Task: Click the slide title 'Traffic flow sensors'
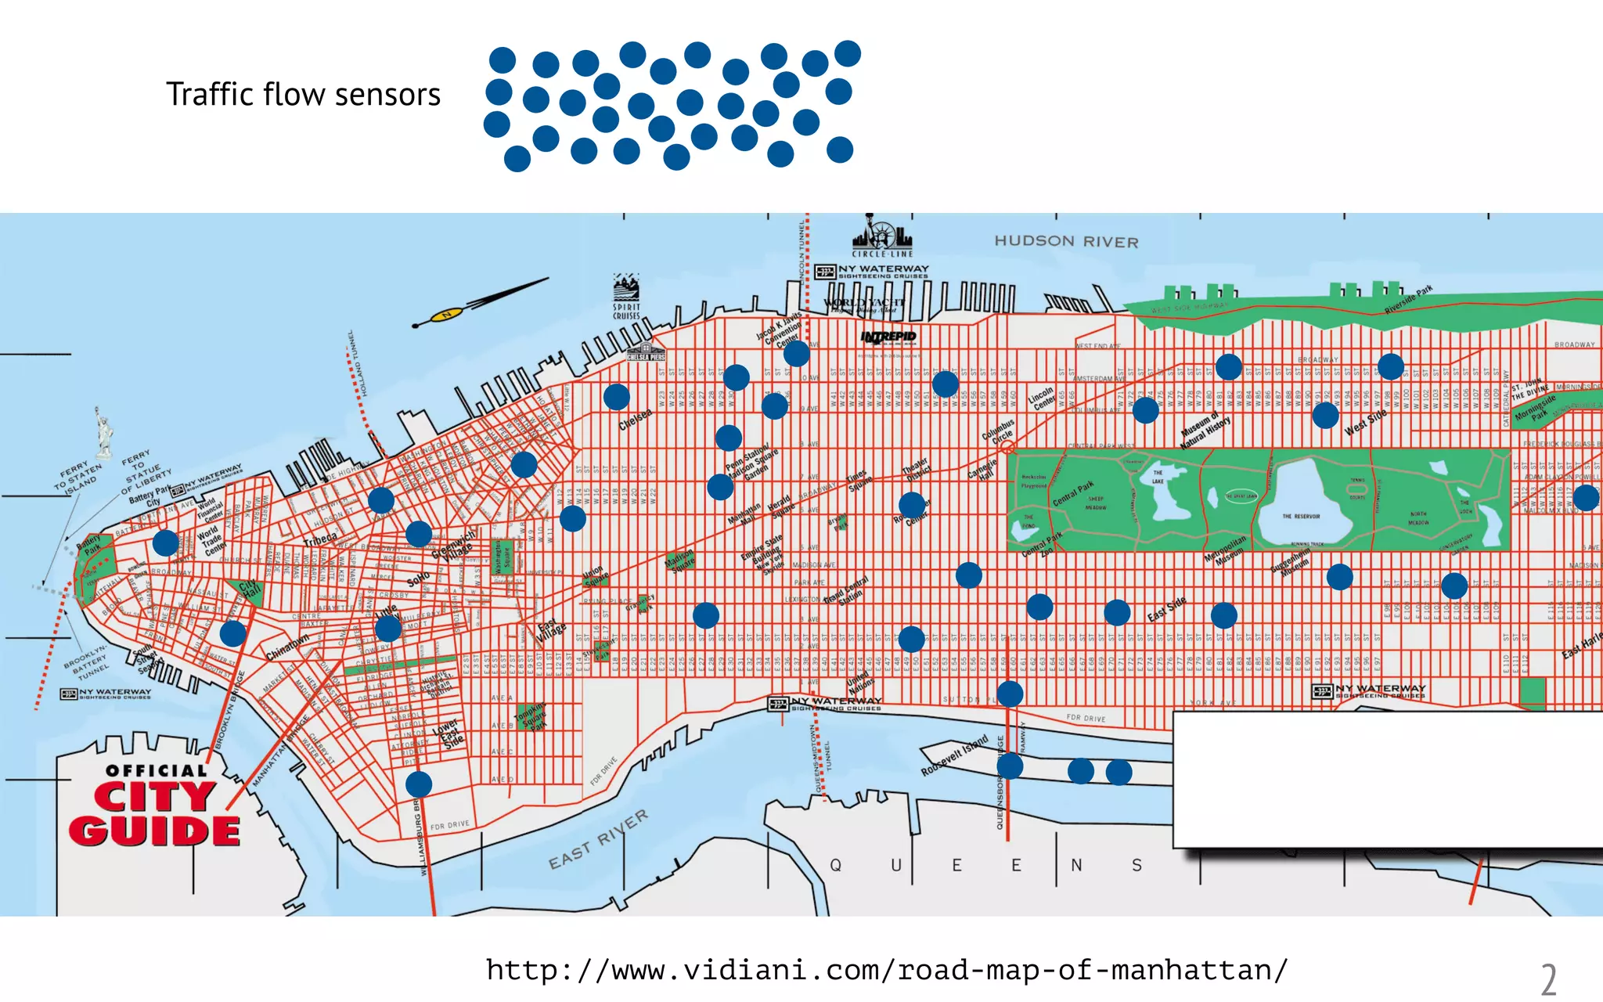[x=303, y=95]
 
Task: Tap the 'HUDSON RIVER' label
[x=1066, y=242]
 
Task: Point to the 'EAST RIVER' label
[x=598, y=840]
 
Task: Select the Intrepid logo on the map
[x=888, y=337]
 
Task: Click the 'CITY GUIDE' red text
[x=154, y=814]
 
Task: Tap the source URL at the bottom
[x=886, y=971]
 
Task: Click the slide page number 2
[x=1548, y=979]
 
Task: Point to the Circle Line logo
[x=882, y=236]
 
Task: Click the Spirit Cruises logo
[x=626, y=297]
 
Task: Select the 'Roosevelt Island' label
[x=954, y=755]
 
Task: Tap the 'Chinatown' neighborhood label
[x=287, y=647]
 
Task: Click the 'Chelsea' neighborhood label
[x=635, y=420]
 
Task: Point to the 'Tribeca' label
[x=320, y=540]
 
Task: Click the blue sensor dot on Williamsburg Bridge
[x=419, y=784]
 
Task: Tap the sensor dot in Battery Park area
[x=165, y=542]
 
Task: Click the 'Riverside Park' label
[x=1408, y=300]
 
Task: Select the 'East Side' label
[x=1166, y=610]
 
